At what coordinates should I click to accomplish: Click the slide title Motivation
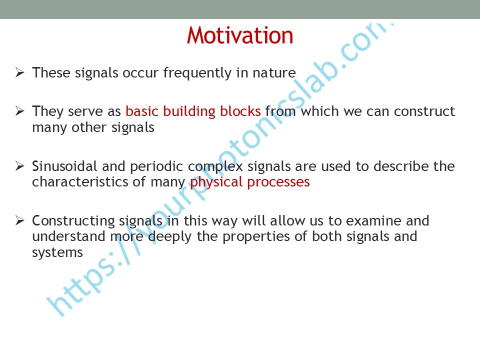[x=240, y=35]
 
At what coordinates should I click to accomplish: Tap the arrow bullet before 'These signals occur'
[x=20, y=72]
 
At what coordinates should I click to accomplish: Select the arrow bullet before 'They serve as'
[x=20, y=111]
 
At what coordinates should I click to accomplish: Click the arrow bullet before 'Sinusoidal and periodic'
[x=20, y=166]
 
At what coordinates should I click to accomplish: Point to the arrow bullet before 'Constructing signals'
[x=20, y=220]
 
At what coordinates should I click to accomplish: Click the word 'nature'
[x=274, y=73]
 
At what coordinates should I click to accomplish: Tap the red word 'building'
[x=189, y=111]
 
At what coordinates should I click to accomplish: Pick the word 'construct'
[x=424, y=111]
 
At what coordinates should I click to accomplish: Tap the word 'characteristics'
[x=80, y=182]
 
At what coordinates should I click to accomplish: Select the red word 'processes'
[x=278, y=182]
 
